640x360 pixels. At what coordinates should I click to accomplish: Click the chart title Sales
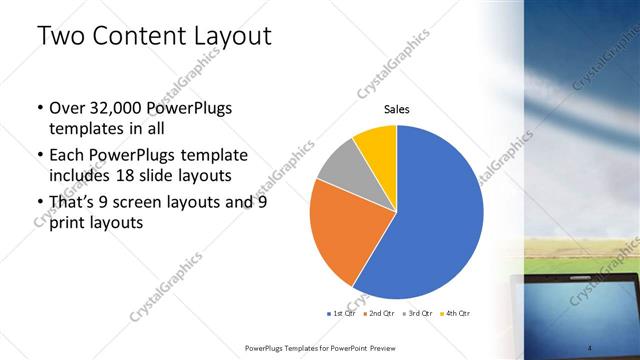[x=397, y=109]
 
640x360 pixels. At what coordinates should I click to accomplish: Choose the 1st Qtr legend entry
[x=343, y=313]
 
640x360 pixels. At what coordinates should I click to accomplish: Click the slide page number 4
[x=590, y=347]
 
